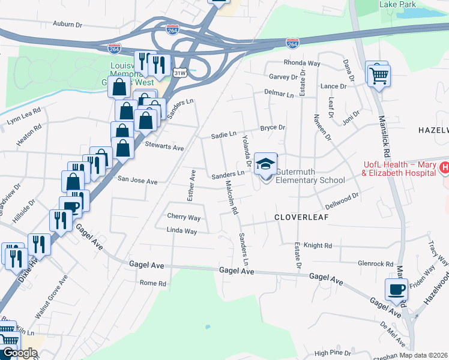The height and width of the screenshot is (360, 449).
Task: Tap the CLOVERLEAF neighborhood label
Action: [x=302, y=217]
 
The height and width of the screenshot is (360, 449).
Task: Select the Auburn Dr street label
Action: [x=67, y=25]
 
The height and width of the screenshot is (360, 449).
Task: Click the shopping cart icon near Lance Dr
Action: [x=378, y=76]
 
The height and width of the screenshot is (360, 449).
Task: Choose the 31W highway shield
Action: [x=179, y=73]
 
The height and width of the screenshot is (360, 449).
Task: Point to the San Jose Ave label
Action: [x=137, y=180]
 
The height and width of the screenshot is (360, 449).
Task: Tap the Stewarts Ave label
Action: [x=164, y=146]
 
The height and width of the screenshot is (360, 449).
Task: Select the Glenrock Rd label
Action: [x=375, y=263]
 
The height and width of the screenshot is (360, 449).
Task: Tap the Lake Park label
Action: [x=397, y=4]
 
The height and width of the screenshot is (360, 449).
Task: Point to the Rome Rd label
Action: [x=152, y=283]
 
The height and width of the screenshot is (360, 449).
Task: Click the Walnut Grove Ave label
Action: [x=49, y=298]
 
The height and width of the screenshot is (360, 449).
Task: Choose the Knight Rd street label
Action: [x=318, y=245]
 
